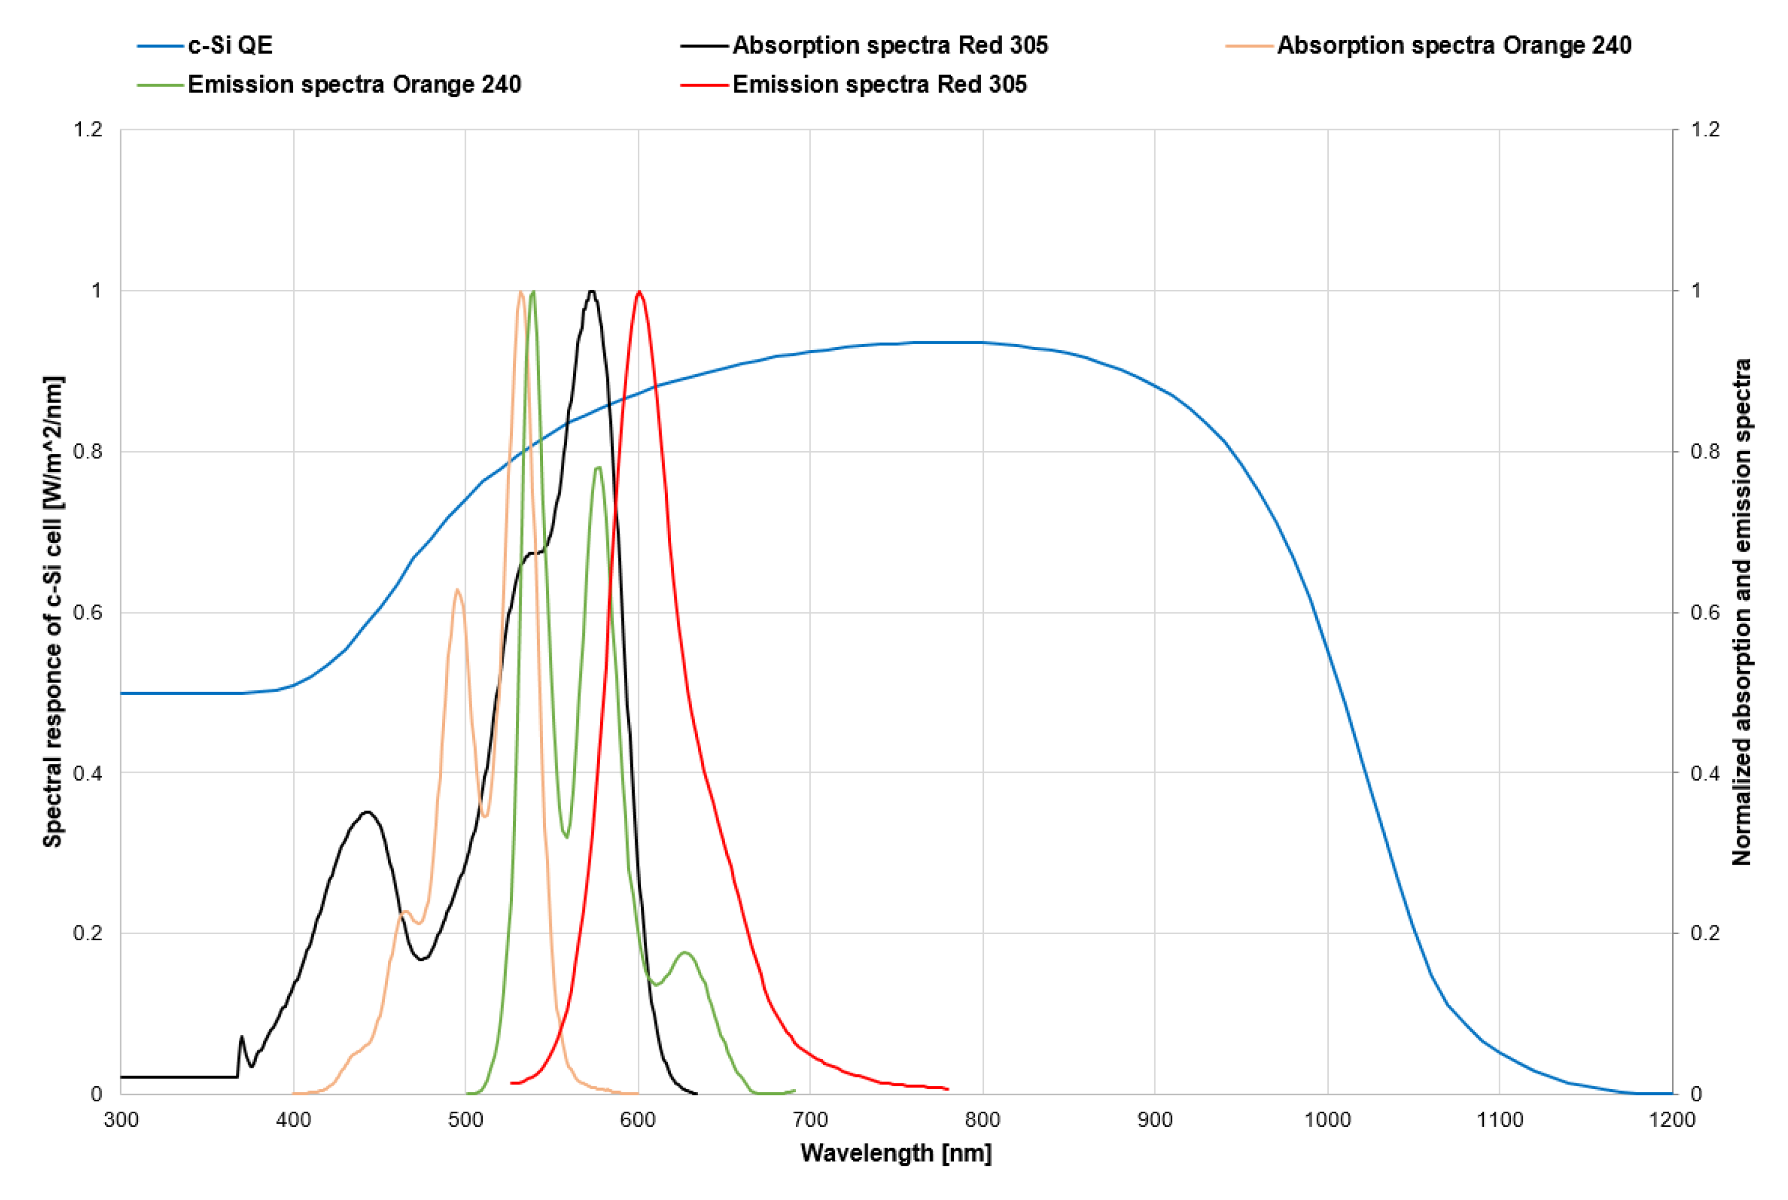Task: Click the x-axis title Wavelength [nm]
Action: coord(895,1152)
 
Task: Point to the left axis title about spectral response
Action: coord(52,612)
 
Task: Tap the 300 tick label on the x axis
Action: coord(121,1120)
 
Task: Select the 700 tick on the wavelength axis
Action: coord(810,1120)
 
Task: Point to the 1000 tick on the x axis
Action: coord(1327,1120)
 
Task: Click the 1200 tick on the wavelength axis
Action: coord(1672,1120)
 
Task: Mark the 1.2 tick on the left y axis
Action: coord(87,129)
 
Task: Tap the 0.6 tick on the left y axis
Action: coord(87,612)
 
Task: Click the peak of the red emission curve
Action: coord(639,292)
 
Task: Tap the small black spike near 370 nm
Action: coord(242,1037)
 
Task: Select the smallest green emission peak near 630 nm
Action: coord(685,953)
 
